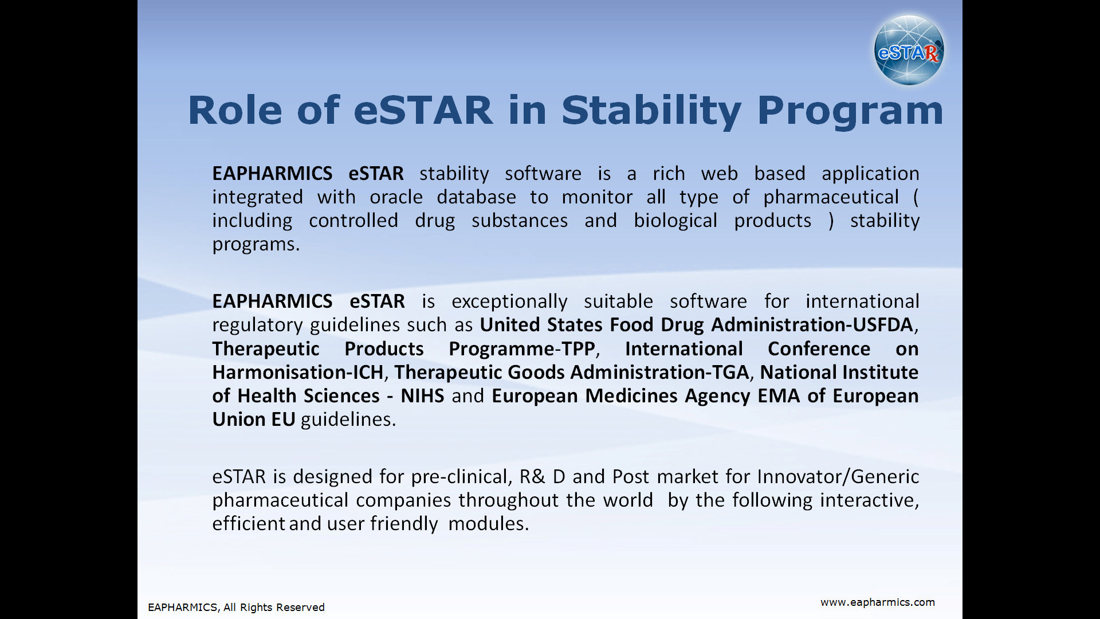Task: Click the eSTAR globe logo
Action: pos(909,50)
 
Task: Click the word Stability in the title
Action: pos(652,111)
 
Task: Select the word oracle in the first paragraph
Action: pos(396,197)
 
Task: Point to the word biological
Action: pos(675,221)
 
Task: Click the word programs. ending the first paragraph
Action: pos(256,245)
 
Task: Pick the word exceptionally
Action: pos(509,302)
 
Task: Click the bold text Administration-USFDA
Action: pos(812,325)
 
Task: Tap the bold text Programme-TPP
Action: pos(522,349)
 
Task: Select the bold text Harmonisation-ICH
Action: pos(298,373)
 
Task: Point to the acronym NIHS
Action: pos(422,396)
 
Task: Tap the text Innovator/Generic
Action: pos(838,477)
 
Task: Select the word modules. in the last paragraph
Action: pos(488,524)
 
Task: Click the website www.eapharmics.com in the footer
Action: pos(878,602)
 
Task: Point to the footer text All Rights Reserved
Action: pos(274,608)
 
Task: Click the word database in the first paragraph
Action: pos(476,197)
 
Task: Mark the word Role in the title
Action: pos(235,110)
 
